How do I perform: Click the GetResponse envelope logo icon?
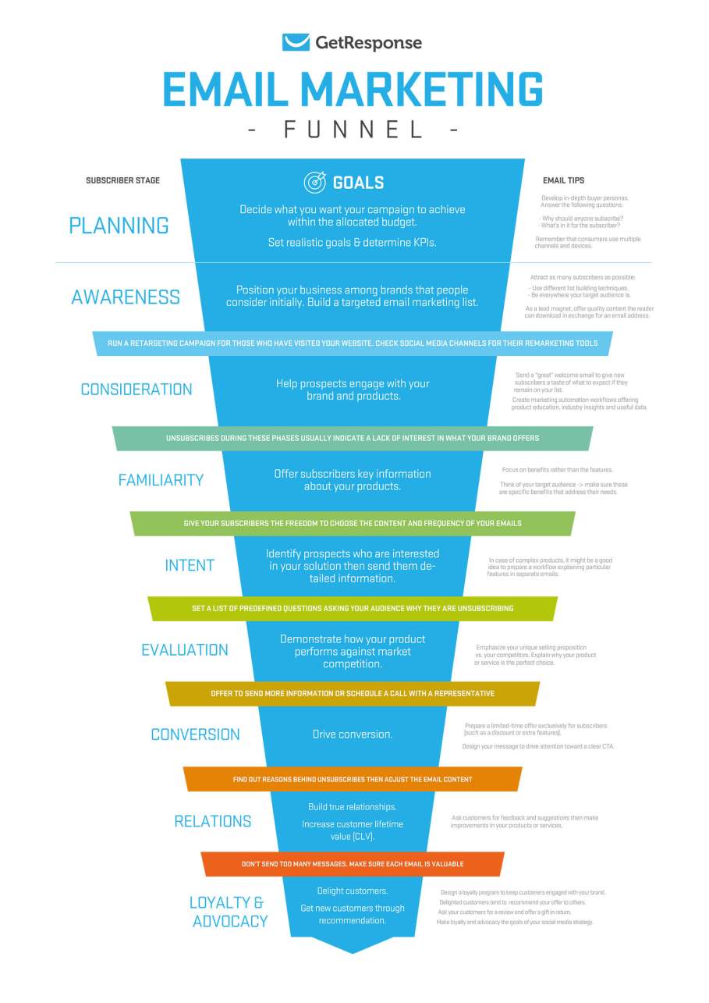[296, 42]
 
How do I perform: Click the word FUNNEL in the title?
[353, 129]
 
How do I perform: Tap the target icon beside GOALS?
[314, 183]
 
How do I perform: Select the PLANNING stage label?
[119, 226]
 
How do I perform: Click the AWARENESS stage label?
[126, 297]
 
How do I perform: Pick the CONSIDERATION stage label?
[136, 389]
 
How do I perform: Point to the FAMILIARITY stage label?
[161, 480]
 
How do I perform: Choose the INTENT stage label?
[190, 565]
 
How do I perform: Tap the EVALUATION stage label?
[185, 650]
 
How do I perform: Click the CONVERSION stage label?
[195, 734]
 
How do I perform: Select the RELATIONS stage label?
[212, 821]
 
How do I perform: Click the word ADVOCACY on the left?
[229, 921]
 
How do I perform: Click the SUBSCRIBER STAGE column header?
[122, 180]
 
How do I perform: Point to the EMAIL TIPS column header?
[564, 180]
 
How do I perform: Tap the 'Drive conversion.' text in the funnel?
[353, 734]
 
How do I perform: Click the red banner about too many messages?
[353, 864]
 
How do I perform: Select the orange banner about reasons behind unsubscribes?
[353, 779]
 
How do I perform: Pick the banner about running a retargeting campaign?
[353, 343]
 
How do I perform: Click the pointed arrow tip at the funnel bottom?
[353, 946]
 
